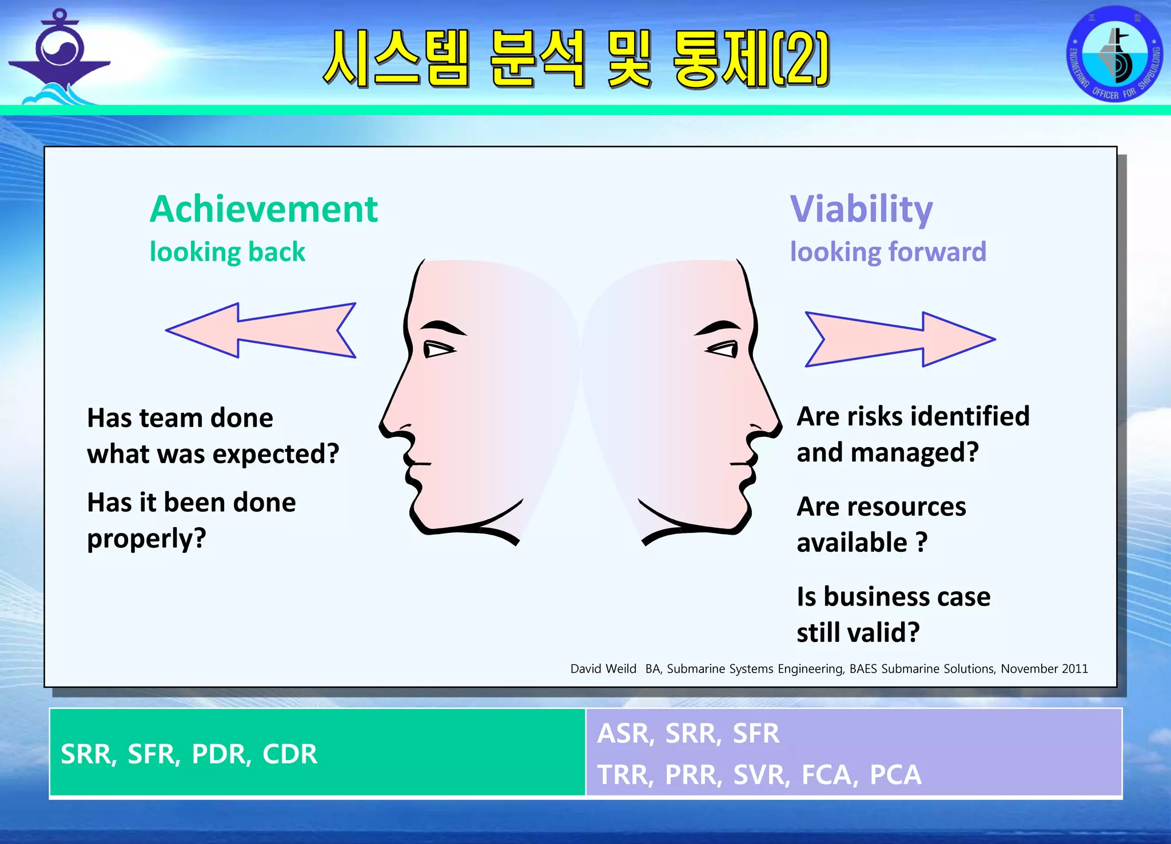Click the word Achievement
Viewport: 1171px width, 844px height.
(264, 209)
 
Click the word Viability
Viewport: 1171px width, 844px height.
(861, 209)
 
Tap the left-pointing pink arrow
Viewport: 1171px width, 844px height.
(261, 331)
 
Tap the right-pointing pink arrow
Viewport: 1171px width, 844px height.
(900, 339)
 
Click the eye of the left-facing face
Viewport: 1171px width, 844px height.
(438, 348)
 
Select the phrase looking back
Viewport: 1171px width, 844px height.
(227, 252)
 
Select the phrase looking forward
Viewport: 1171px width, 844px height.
(888, 252)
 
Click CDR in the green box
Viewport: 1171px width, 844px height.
(289, 754)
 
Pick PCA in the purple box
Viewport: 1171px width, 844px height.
(895, 775)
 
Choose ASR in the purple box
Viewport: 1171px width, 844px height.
(625, 734)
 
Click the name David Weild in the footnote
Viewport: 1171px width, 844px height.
(603, 668)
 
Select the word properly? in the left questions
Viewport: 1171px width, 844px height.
(146, 539)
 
